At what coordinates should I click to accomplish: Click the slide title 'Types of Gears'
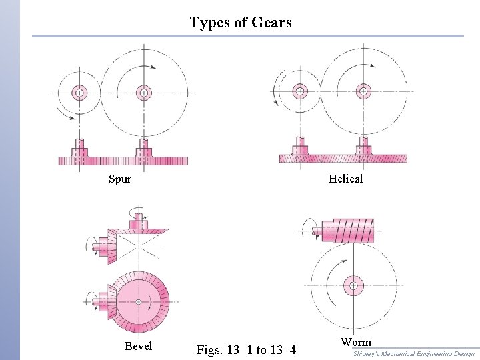(x=240, y=22)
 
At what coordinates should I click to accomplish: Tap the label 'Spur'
(x=120, y=179)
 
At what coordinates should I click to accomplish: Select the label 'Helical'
(x=345, y=179)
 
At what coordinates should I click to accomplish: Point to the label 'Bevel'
(x=138, y=346)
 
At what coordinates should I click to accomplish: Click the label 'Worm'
(x=356, y=342)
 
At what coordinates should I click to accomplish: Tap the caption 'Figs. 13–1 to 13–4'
(x=247, y=349)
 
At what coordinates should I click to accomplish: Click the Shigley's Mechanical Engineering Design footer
(x=413, y=353)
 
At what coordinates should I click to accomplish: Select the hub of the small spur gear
(x=80, y=93)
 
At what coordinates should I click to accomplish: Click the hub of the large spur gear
(x=143, y=93)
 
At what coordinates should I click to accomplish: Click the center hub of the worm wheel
(x=353, y=286)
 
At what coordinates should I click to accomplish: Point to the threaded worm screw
(x=347, y=230)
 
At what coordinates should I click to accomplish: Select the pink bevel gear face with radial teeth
(x=138, y=301)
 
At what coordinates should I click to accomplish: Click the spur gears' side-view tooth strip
(x=123, y=161)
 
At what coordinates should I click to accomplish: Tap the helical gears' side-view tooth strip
(x=343, y=158)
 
